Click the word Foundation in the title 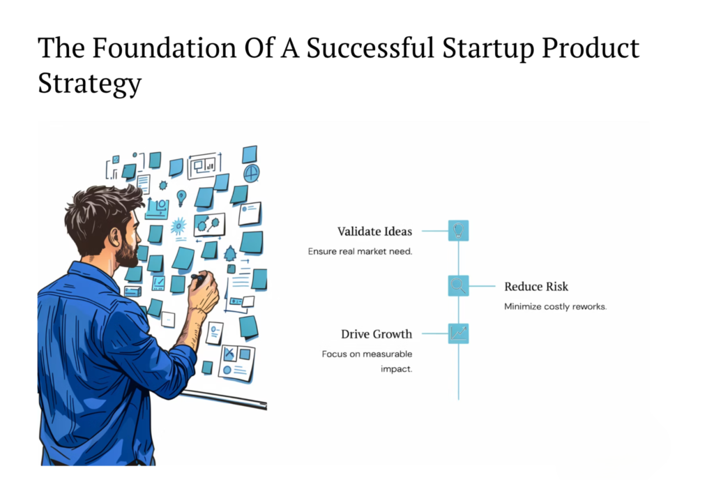click(x=165, y=48)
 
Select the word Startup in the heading click(x=488, y=49)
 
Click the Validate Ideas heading click(x=374, y=232)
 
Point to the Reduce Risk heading click(x=536, y=287)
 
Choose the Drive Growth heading click(x=377, y=333)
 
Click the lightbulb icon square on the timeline click(x=458, y=230)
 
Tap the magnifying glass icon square click(x=458, y=285)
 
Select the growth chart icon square click(x=458, y=333)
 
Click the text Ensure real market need click(x=360, y=251)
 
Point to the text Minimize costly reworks click(x=555, y=306)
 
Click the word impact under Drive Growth click(x=396, y=369)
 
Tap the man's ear click(x=114, y=238)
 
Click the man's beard click(x=128, y=253)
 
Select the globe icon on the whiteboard click(x=251, y=173)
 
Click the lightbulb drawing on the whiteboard click(x=181, y=197)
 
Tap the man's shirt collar click(x=93, y=273)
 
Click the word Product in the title click(x=591, y=48)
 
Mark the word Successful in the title click(x=370, y=48)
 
